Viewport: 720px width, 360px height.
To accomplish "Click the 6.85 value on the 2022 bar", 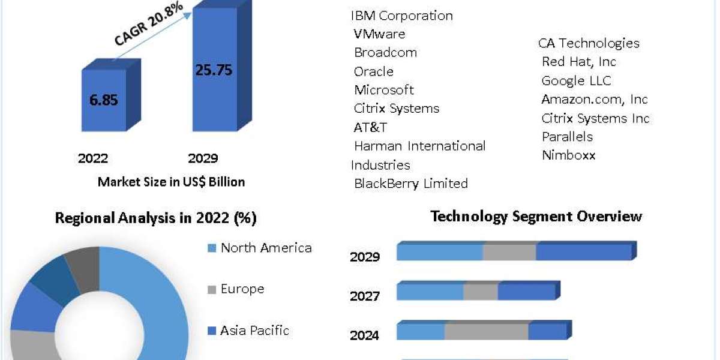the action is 103,100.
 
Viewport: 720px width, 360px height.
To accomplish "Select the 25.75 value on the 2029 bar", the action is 214,70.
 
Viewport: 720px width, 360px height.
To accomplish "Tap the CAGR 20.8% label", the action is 149,23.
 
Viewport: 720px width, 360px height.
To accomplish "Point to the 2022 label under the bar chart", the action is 93,158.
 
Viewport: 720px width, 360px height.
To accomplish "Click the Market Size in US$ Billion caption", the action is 172,182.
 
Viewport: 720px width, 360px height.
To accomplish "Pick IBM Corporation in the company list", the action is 402,16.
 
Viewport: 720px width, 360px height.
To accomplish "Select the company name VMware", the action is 379,34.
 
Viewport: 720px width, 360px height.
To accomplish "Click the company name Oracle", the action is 373,71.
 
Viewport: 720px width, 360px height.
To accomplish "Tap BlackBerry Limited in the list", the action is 411,184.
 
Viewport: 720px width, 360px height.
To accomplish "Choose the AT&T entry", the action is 370,128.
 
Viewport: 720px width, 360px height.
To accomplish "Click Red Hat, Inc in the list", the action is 579,62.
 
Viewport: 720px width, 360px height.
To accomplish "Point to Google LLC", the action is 577,80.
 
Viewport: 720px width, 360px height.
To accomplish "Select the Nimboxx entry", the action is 569,155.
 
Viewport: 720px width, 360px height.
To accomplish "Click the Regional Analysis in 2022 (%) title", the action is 156,218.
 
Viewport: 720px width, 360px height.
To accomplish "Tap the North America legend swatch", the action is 212,248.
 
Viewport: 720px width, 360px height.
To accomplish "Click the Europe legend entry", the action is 236,289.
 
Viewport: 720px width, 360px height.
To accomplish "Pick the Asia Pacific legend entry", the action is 248,331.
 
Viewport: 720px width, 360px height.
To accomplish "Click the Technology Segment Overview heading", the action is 536,217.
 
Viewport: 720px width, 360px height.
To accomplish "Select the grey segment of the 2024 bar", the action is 487,331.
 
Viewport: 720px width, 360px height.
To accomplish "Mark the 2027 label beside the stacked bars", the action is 365,296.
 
